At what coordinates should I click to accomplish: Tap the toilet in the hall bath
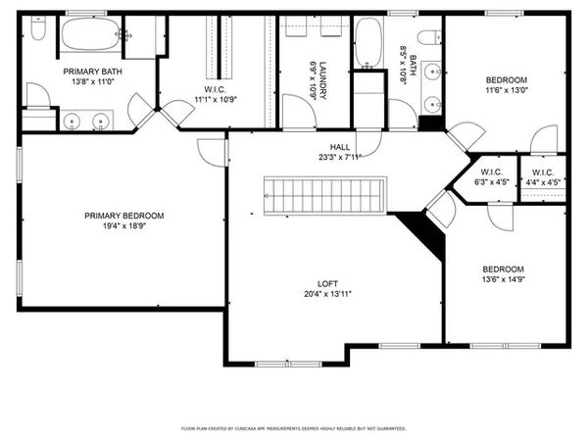click(428, 37)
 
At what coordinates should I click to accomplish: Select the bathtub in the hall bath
click(369, 44)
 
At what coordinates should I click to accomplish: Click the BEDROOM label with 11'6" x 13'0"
click(507, 80)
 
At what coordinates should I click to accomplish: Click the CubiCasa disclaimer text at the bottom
click(294, 428)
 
